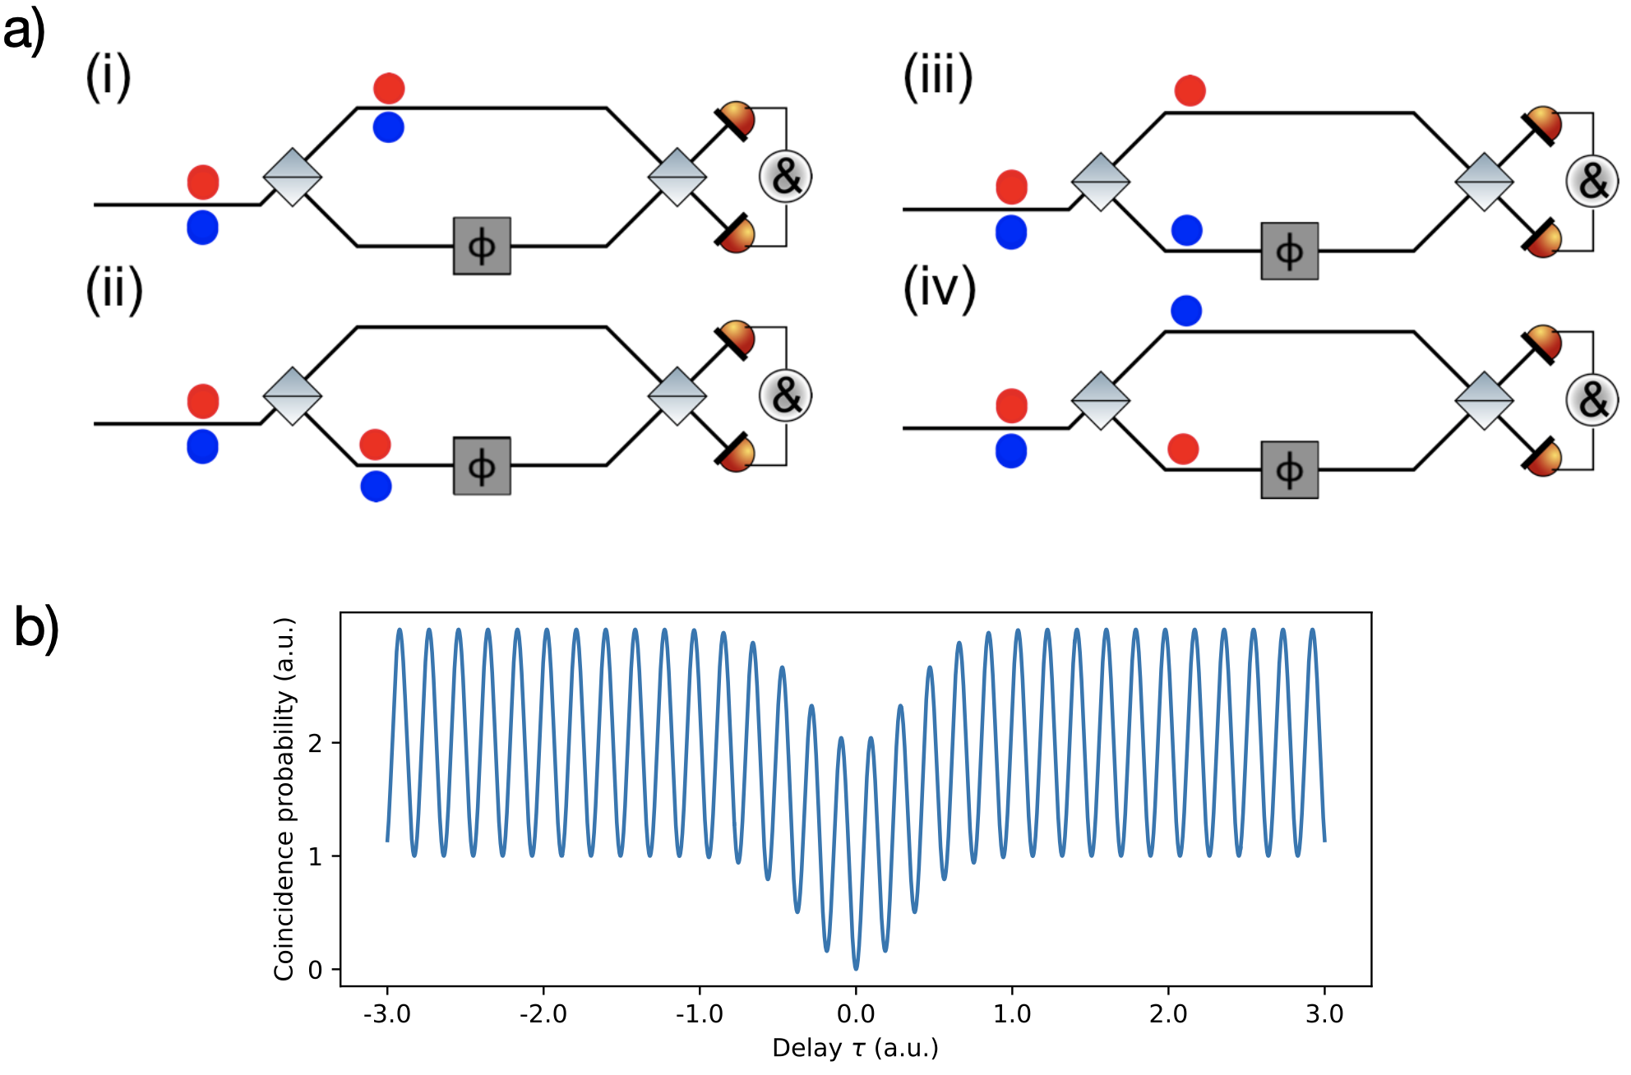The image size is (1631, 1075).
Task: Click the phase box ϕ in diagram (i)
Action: [x=482, y=246]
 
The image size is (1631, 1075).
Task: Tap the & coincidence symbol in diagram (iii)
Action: [x=1592, y=182]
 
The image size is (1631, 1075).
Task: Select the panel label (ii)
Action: [x=114, y=290]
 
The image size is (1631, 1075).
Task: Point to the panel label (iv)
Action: [x=939, y=290]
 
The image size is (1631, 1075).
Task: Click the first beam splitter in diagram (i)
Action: [x=292, y=177]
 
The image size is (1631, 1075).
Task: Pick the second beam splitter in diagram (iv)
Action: [x=1484, y=400]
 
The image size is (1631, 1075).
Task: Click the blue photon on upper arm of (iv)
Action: [x=1186, y=311]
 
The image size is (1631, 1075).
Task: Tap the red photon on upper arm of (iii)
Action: [x=1190, y=90]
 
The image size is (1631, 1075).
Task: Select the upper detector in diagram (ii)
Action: [x=736, y=339]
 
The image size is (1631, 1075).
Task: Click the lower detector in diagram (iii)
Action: [x=1543, y=239]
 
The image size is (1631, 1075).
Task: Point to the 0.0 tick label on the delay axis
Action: [x=856, y=1014]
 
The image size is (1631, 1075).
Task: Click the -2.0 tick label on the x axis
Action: [x=543, y=1014]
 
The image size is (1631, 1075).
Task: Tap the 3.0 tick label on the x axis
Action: [x=1324, y=1014]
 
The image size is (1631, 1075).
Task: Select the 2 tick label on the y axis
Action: [x=315, y=744]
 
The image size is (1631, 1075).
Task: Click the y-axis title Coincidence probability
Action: [x=284, y=799]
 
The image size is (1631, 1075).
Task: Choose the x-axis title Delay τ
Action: [x=855, y=1049]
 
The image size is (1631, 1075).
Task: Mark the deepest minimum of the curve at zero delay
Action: [x=856, y=968]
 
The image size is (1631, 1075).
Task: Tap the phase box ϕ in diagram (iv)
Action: [x=1289, y=470]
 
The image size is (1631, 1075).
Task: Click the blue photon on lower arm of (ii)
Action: [x=376, y=487]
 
